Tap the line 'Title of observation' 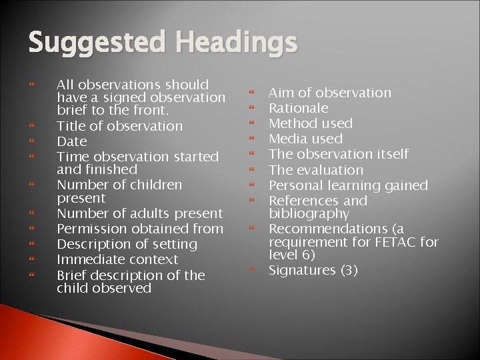(119, 126)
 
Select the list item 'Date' (72, 141)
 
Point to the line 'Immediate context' (117, 259)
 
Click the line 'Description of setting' (127, 244)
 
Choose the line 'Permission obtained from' (140, 229)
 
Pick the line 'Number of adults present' (140, 213)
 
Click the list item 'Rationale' (298, 108)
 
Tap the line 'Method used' (311, 123)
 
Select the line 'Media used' (305, 139)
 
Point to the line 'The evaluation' (316, 170)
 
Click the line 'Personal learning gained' (348, 185)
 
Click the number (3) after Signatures (349, 270)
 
